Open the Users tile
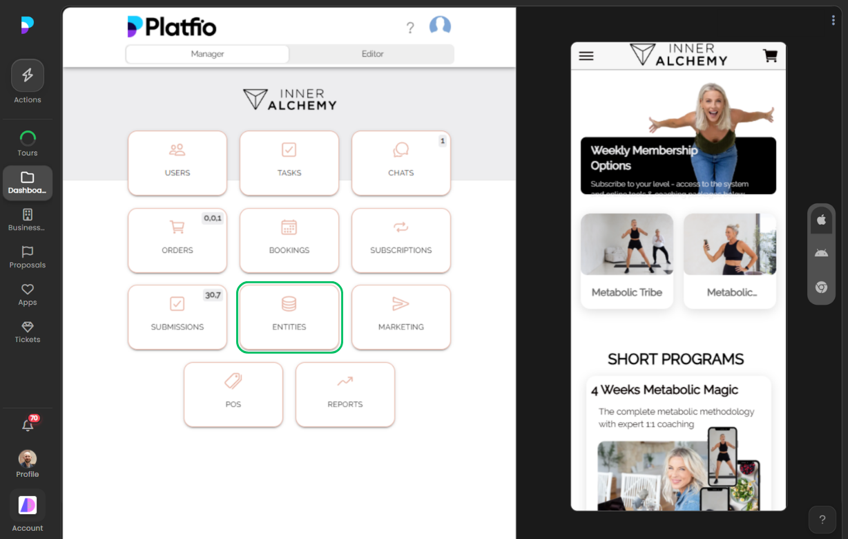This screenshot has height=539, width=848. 177,163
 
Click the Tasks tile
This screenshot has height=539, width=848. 289,163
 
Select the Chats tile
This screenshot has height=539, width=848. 401,163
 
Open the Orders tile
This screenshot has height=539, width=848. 177,240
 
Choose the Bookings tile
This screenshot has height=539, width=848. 289,240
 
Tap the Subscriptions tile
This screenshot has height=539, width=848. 401,240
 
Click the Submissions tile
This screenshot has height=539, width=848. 177,317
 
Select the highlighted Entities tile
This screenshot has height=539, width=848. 289,317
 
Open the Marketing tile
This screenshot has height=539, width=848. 401,317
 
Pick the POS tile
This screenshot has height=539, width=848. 233,395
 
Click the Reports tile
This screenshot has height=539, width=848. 345,395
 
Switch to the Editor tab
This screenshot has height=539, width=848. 372,54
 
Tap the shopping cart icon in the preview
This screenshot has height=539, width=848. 770,56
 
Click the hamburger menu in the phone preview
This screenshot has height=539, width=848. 586,56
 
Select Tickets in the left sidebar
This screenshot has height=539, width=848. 28,332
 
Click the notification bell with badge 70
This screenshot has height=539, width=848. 28,426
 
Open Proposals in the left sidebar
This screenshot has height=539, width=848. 28,257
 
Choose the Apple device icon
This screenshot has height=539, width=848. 821,220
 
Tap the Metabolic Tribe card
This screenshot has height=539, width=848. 627,261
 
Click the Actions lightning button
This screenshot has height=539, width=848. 28,75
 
